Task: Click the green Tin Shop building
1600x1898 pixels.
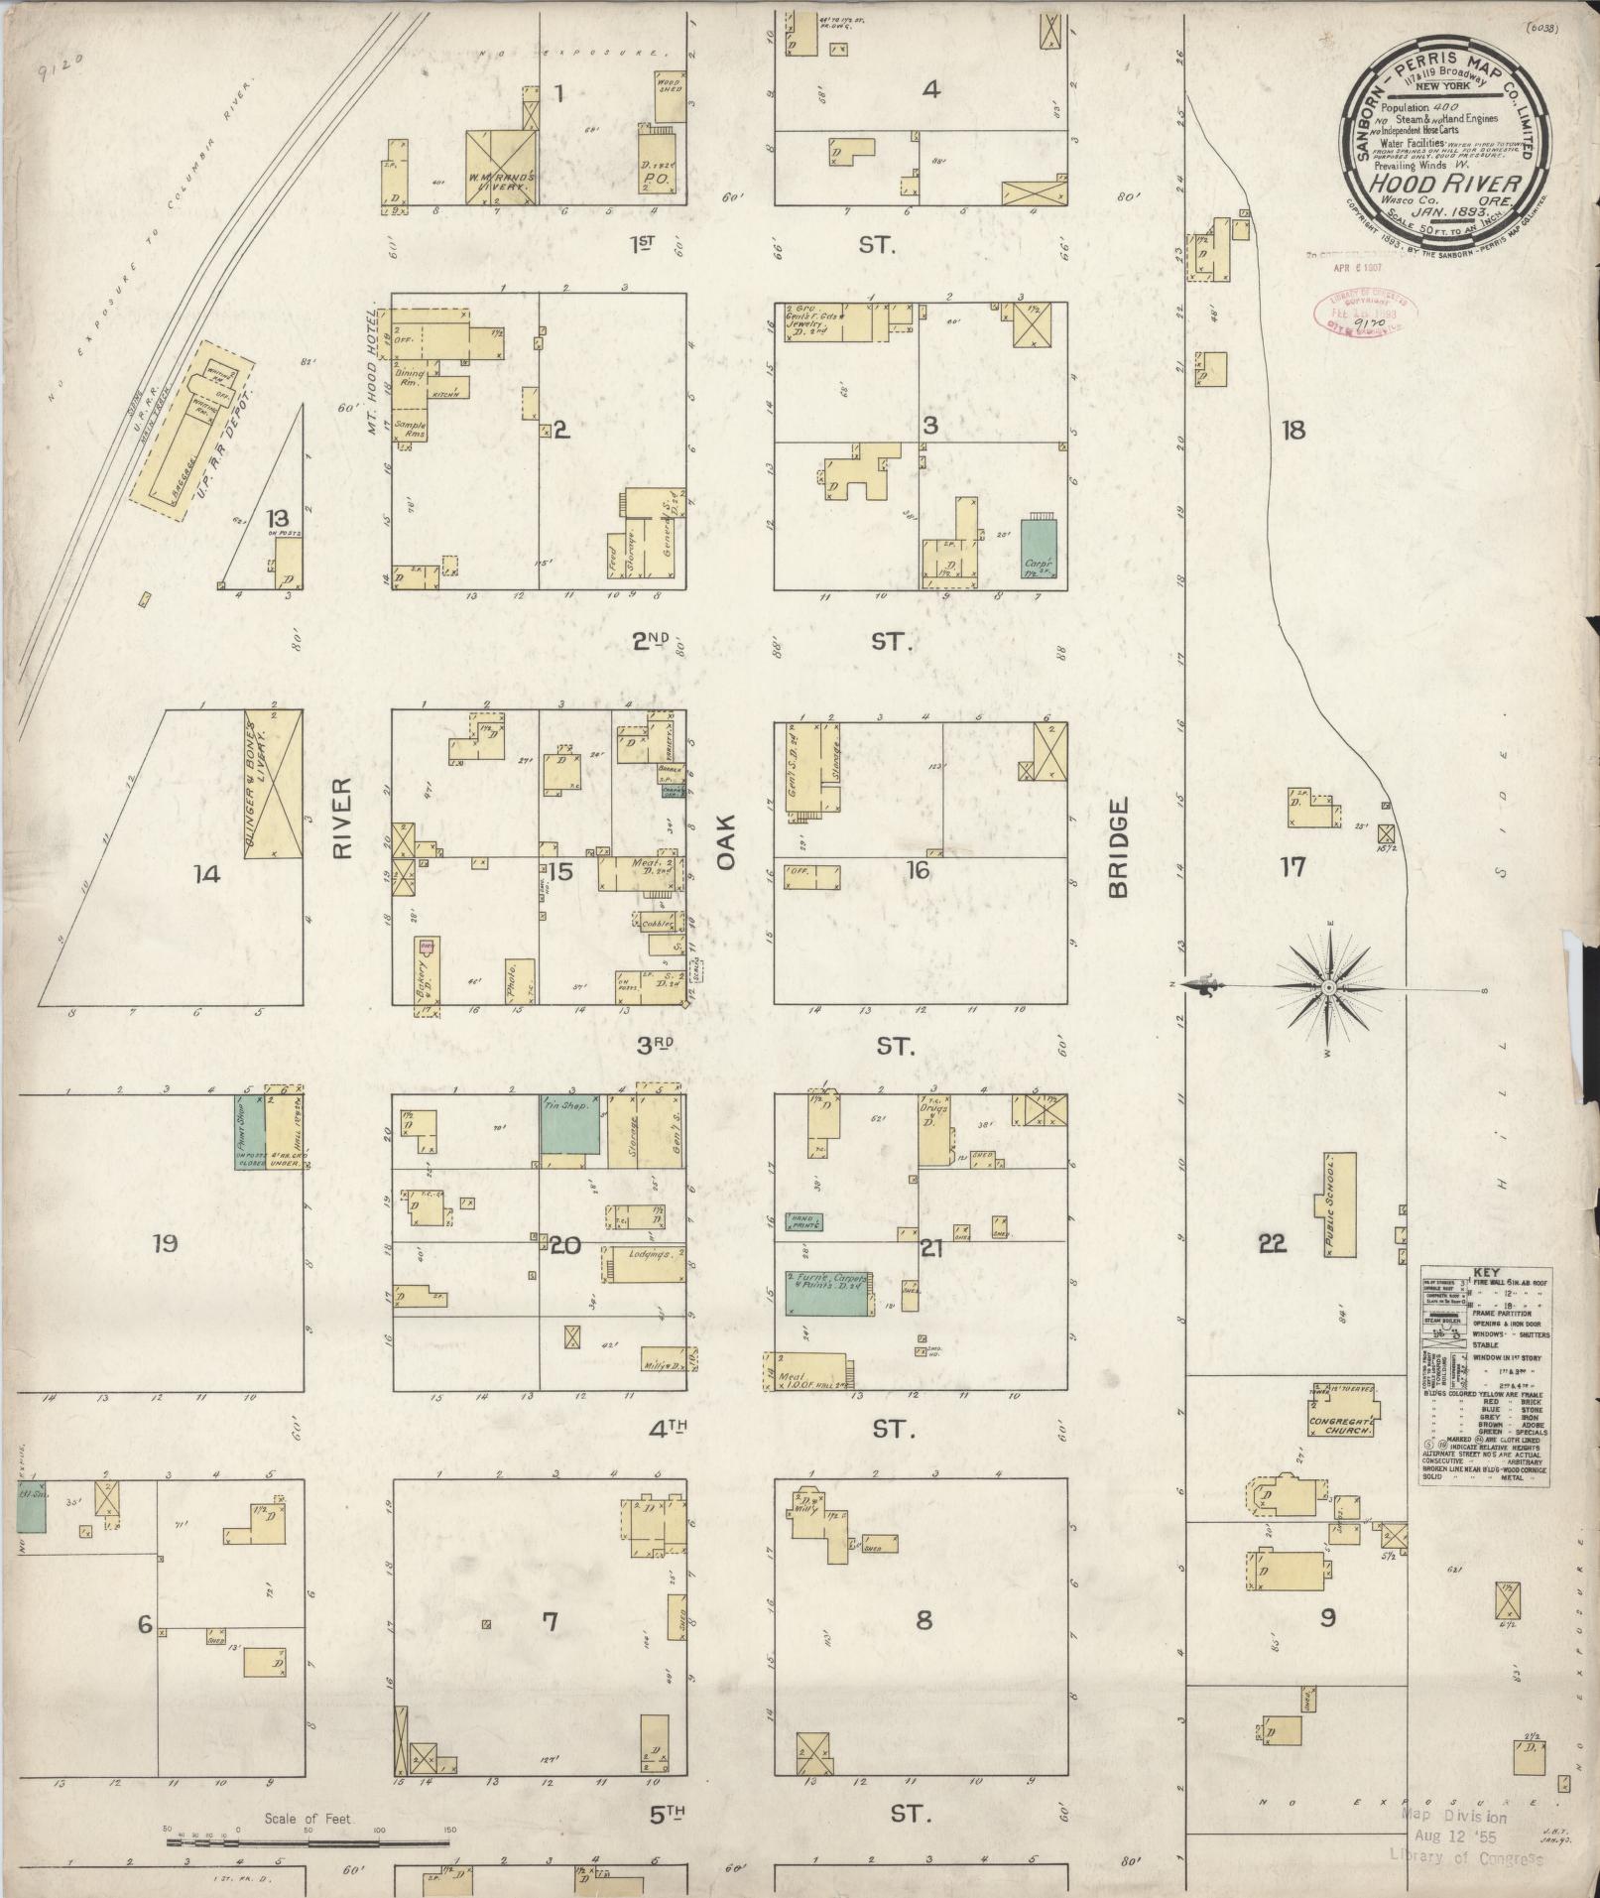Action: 570,1123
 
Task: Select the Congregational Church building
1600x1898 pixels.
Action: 1343,1410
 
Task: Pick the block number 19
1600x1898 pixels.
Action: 165,1242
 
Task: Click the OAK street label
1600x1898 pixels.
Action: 727,843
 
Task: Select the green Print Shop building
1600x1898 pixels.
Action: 249,1131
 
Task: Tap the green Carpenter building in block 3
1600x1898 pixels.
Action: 1039,549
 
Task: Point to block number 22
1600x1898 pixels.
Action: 1272,1243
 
